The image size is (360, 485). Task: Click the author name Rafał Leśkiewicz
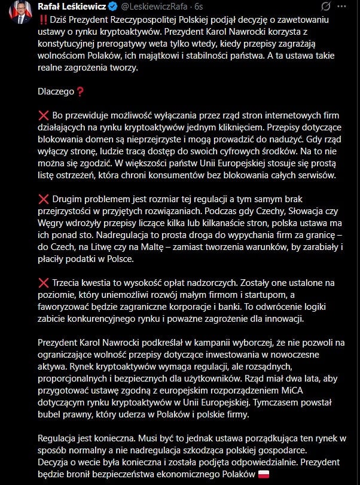(72, 7)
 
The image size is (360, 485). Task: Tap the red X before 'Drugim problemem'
(43, 199)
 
